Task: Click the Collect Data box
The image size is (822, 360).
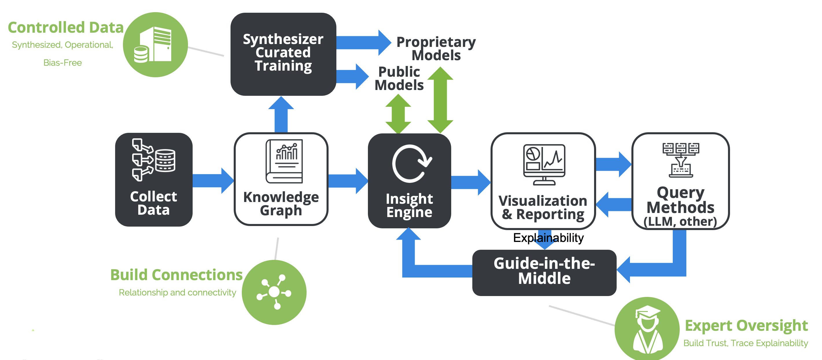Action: point(154,180)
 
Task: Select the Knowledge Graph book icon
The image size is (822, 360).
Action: point(284,161)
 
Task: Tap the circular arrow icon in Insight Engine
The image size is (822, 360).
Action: point(411,164)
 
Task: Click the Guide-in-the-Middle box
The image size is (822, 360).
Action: point(544,272)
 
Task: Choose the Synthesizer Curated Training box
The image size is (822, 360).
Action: point(283,54)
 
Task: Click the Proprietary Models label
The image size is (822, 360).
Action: point(436,48)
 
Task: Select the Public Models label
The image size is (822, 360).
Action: point(399,78)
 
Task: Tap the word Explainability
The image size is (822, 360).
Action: point(548,238)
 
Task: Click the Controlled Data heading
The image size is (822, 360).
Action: point(66,27)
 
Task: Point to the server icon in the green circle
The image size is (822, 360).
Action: point(155,45)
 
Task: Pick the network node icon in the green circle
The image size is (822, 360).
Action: point(274,292)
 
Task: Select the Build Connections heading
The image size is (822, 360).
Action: point(176,275)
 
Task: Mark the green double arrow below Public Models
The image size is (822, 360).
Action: point(398,114)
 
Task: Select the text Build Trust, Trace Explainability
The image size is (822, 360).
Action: point(745,343)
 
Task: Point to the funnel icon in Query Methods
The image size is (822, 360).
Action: point(681,160)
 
